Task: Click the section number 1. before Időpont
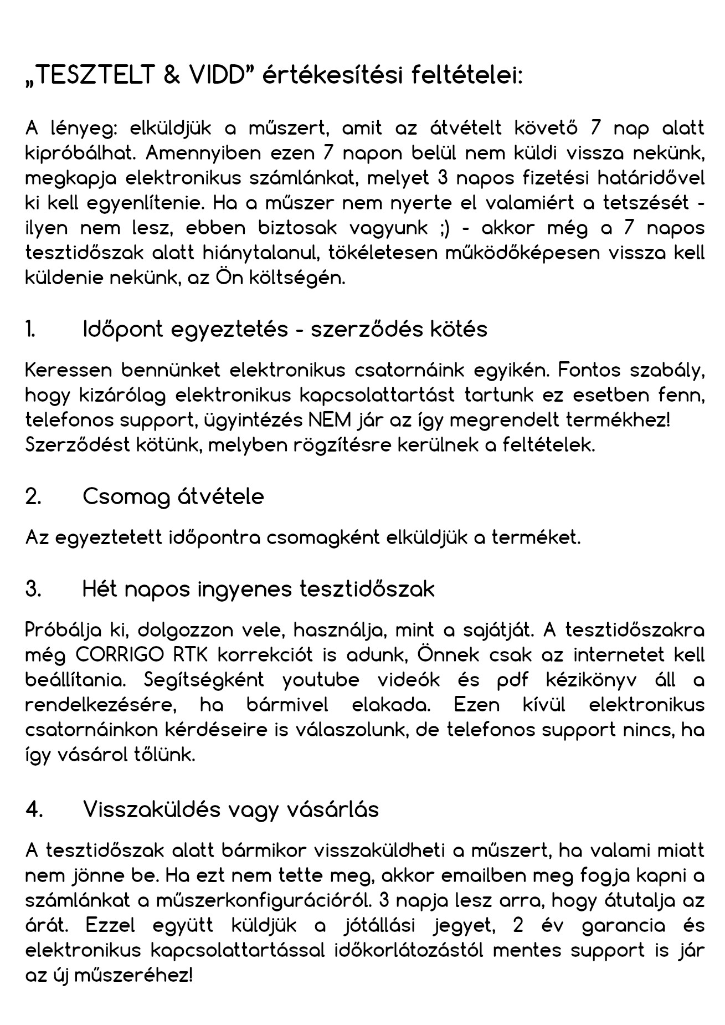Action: pyautogui.click(x=31, y=330)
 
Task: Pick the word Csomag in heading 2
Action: pyautogui.click(x=126, y=497)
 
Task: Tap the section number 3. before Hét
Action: pyautogui.click(x=33, y=589)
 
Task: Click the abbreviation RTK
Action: pyautogui.click(x=191, y=655)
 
